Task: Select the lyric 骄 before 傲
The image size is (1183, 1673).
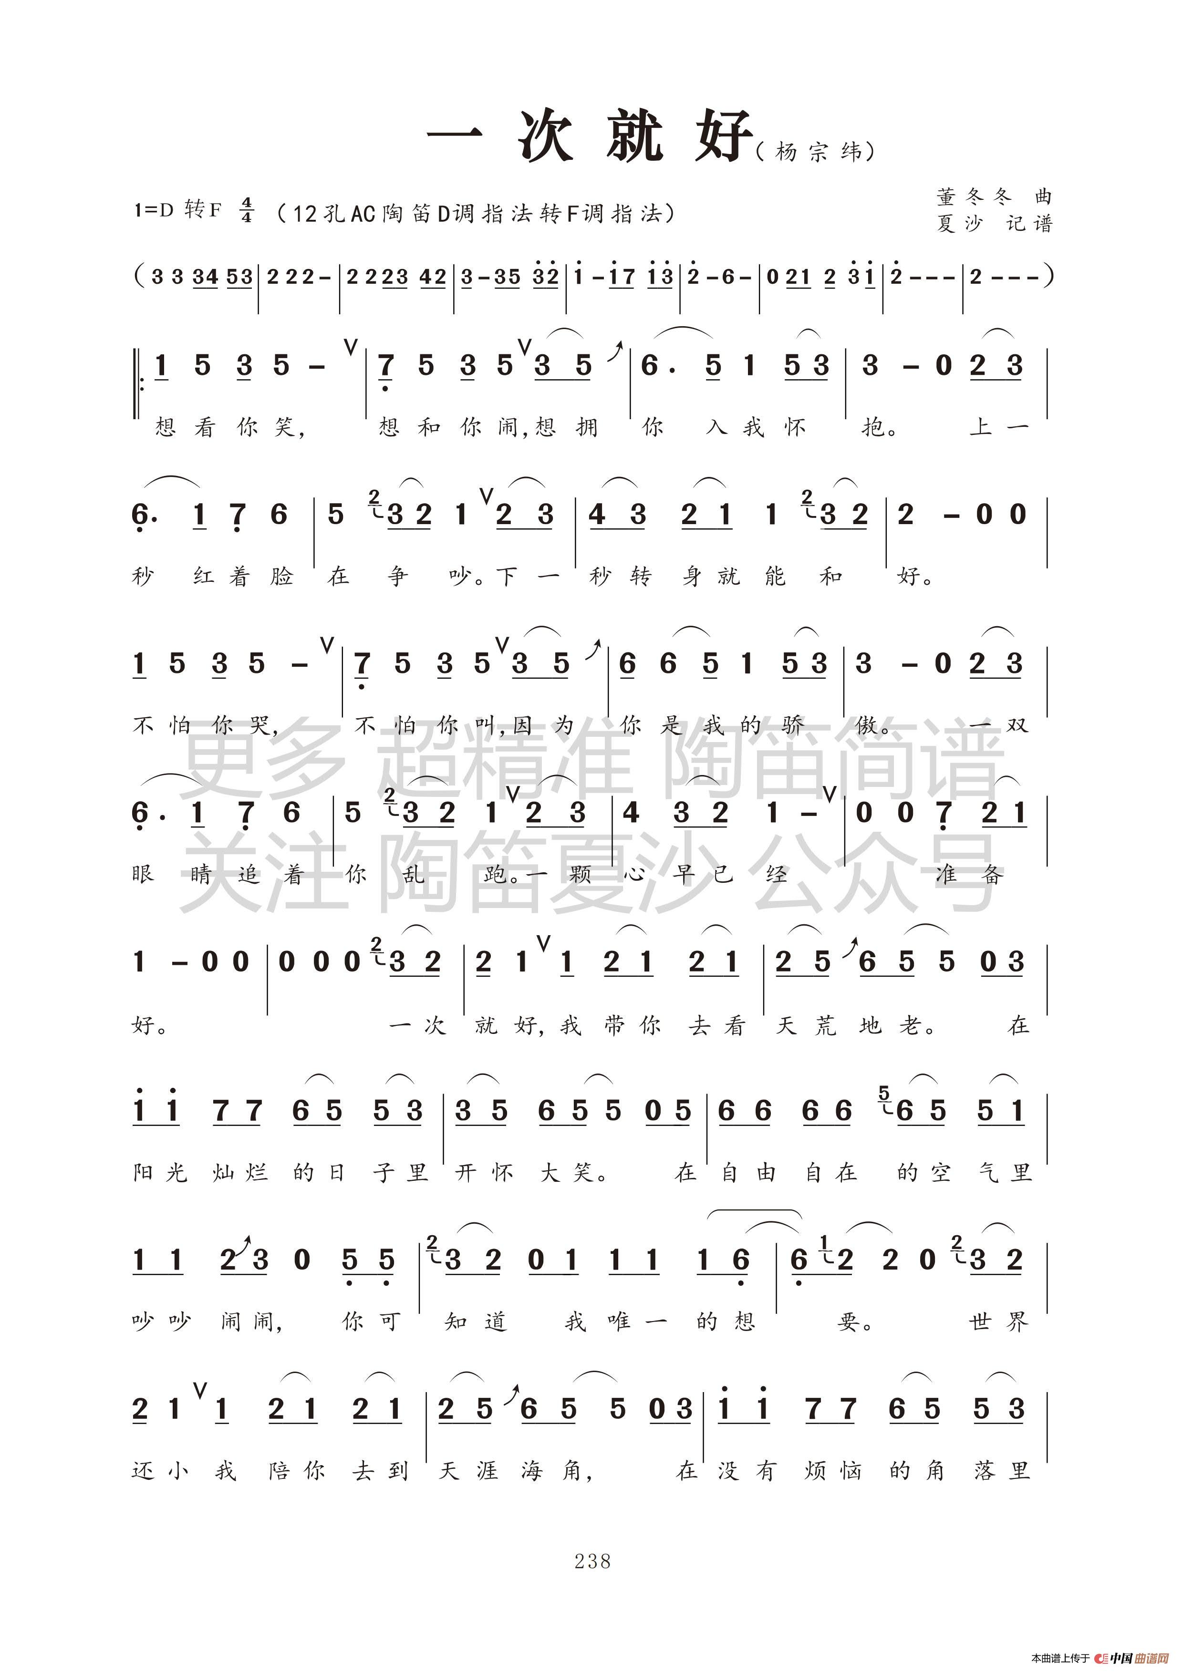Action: (794, 725)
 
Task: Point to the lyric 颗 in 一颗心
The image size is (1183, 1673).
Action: (580, 873)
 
